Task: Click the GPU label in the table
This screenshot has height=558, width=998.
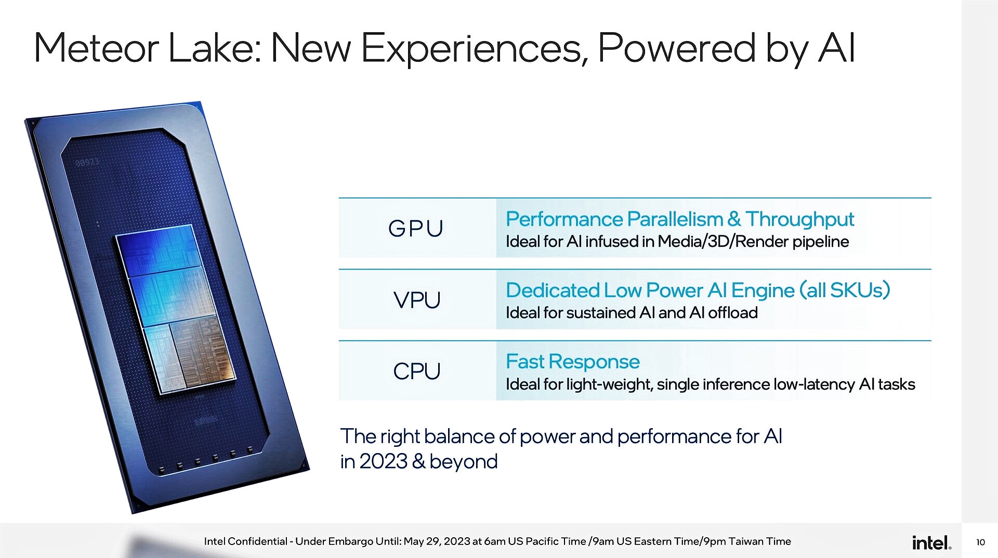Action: point(415,229)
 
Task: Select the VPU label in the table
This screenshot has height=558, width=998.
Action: point(417,300)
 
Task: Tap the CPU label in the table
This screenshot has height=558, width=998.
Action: point(417,371)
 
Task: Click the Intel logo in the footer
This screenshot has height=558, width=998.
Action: point(931,543)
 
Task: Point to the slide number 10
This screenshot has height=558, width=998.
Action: point(980,542)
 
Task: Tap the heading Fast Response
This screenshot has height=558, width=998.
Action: point(572,362)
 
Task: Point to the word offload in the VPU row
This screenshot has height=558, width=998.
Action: point(733,313)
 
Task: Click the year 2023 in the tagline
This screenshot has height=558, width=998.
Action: point(383,461)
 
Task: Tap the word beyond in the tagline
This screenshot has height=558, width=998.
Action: point(464,461)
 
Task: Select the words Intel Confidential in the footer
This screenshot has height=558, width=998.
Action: point(245,541)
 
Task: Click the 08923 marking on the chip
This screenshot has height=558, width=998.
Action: point(87,162)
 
